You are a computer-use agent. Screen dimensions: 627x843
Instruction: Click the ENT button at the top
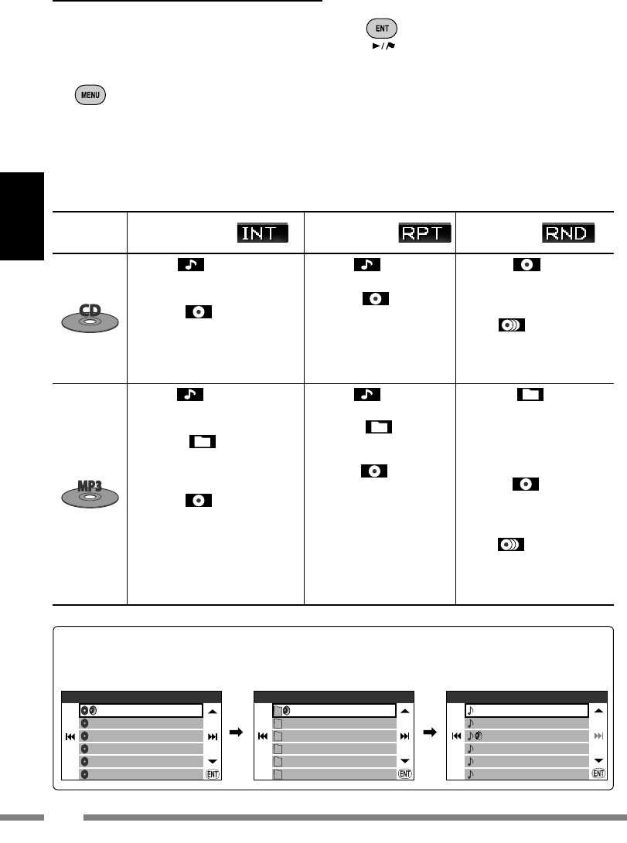pyautogui.click(x=382, y=29)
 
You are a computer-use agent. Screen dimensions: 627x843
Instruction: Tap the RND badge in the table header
pyautogui.click(x=569, y=233)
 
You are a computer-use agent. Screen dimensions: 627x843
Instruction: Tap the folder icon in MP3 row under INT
pyautogui.click(x=202, y=442)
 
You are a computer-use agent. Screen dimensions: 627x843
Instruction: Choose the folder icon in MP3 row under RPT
pyautogui.click(x=378, y=427)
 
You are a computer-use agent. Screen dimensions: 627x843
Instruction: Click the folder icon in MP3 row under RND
pyautogui.click(x=530, y=395)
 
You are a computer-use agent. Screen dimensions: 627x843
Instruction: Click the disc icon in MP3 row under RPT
pyautogui.click(x=374, y=471)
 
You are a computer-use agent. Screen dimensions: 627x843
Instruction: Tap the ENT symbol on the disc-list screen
pyautogui.click(x=213, y=773)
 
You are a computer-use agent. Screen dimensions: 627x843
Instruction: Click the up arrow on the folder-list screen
pyautogui.click(x=405, y=710)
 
